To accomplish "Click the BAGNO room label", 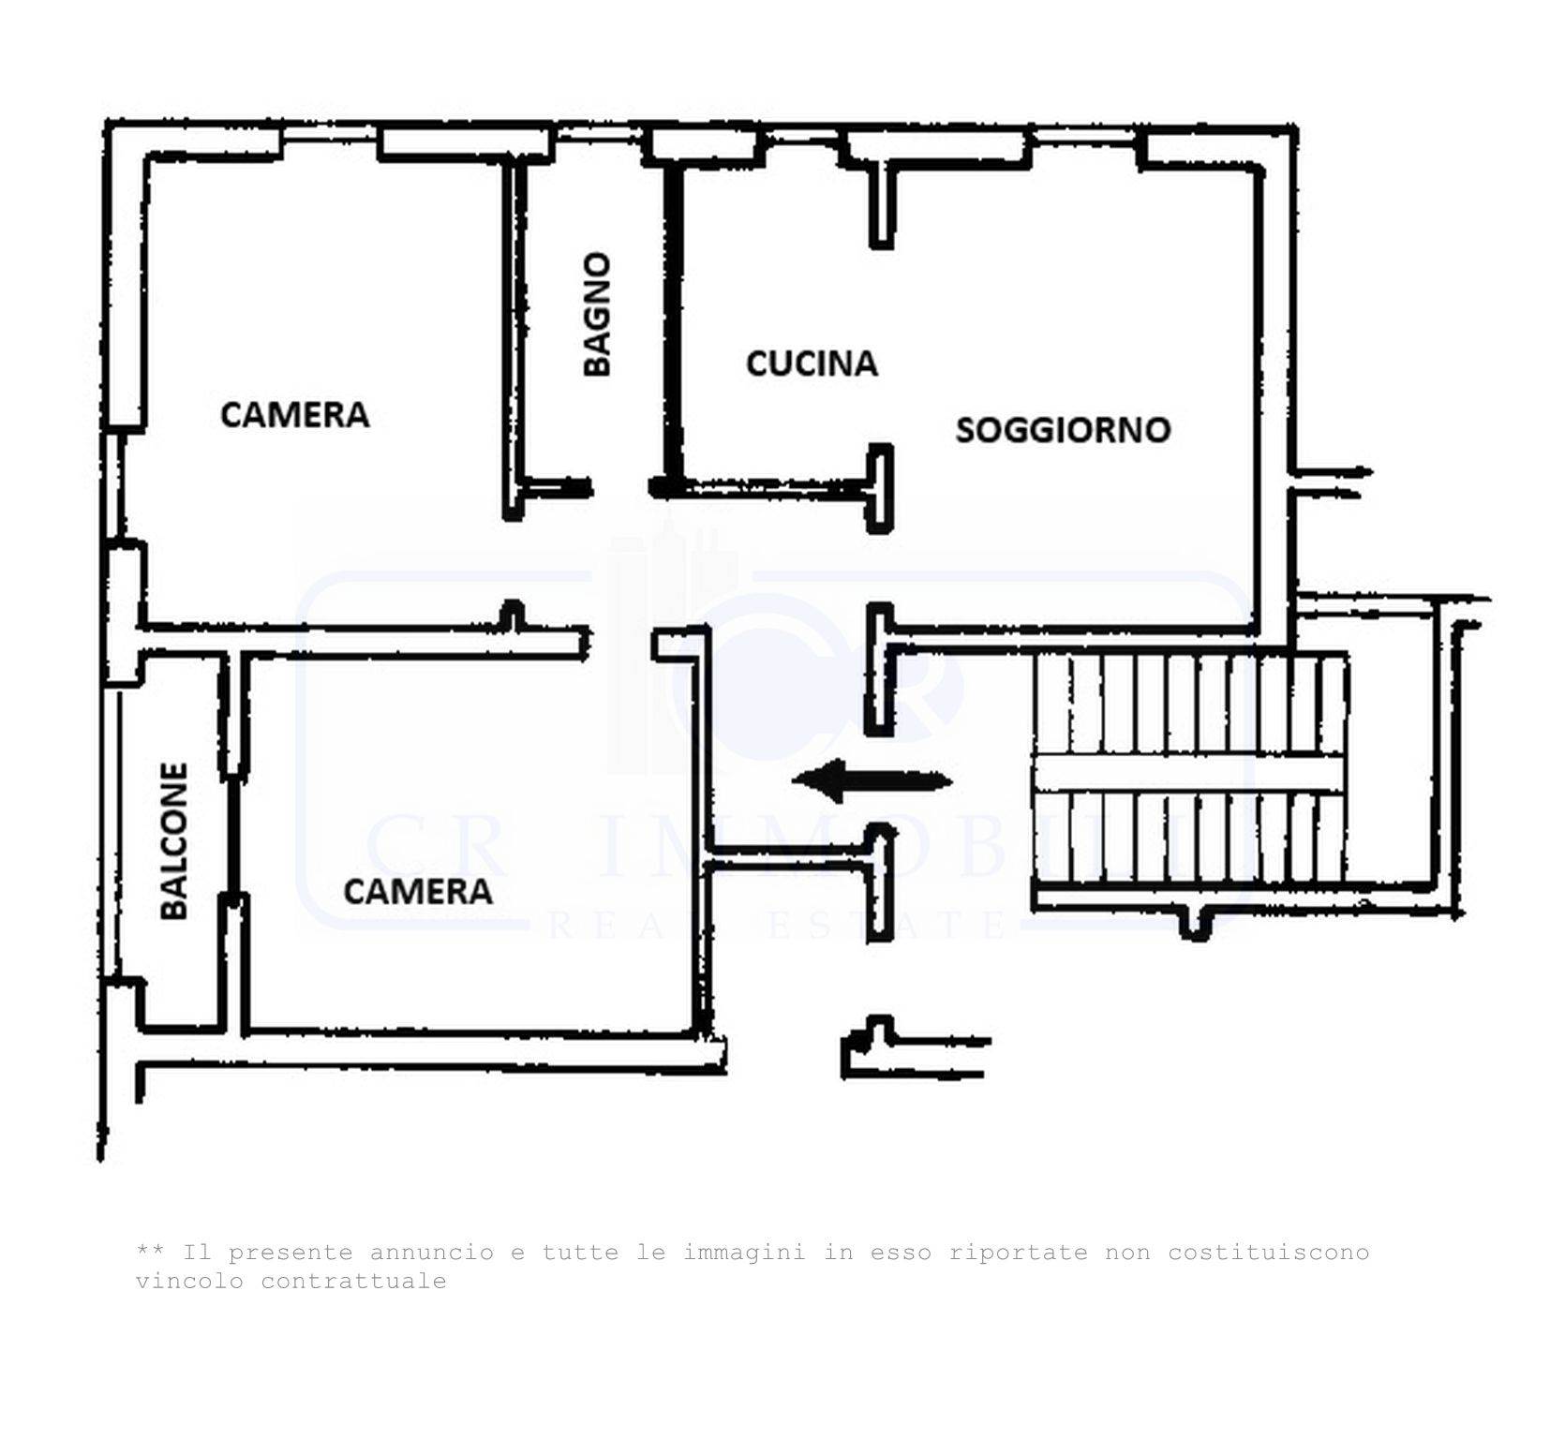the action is (x=597, y=314).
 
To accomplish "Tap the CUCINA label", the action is (x=812, y=363).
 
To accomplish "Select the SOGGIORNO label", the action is (x=1063, y=430).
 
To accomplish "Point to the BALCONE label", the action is (x=174, y=840).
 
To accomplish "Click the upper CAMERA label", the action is (x=294, y=414).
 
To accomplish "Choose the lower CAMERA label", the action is (x=418, y=891).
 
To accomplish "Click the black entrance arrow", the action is (x=872, y=780).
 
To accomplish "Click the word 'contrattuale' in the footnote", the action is (x=353, y=1282).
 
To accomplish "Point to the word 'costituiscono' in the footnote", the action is (x=1268, y=1253).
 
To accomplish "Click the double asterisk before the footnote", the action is (x=151, y=1250).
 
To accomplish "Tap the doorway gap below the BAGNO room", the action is (x=621, y=487).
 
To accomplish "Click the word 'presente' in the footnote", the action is (x=291, y=1254).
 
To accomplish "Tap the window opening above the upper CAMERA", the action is (x=330, y=135).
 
